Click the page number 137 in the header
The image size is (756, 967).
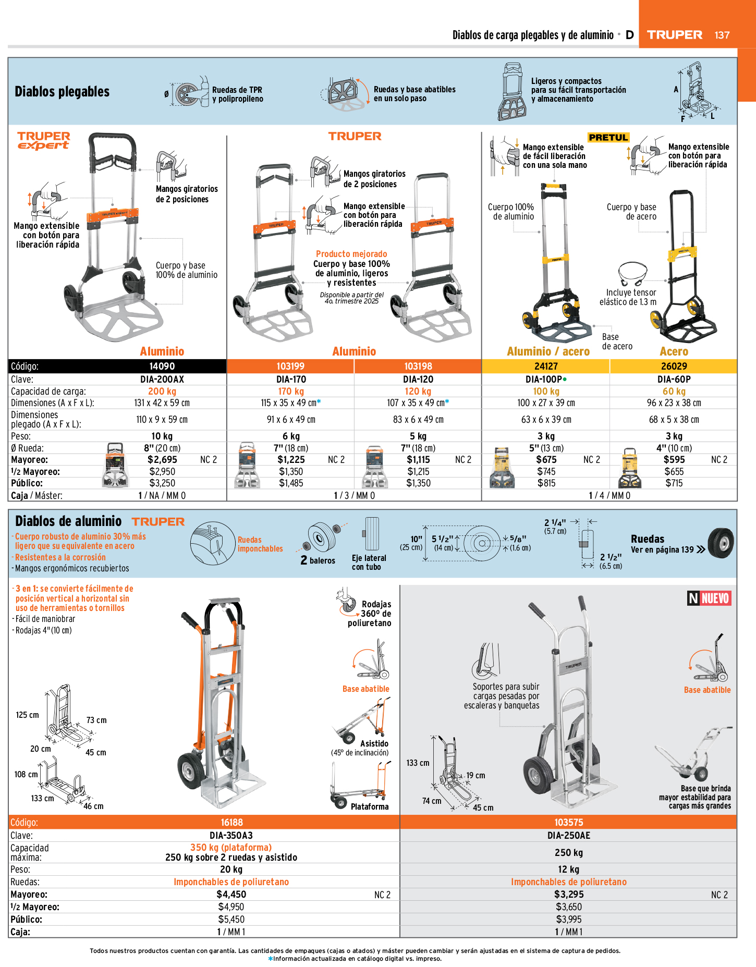[x=722, y=35]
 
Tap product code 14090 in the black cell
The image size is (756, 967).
[x=162, y=366]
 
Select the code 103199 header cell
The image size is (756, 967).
[x=290, y=366]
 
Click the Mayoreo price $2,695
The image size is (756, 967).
[x=162, y=460]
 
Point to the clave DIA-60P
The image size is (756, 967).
[x=674, y=380]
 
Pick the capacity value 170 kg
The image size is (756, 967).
[x=291, y=391]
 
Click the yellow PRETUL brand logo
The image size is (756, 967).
[x=608, y=138]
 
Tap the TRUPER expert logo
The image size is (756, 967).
[x=44, y=141]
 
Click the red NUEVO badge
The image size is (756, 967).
[x=709, y=598]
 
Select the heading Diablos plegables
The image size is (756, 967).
[x=62, y=92]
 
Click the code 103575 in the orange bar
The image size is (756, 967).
[x=568, y=822]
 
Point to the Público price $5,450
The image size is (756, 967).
[x=231, y=919]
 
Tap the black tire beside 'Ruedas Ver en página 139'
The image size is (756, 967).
[x=721, y=543]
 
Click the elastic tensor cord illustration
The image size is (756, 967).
[x=633, y=274]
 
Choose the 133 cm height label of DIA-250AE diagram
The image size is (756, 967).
[x=418, y=763]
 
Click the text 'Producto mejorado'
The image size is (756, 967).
[x=351, y=254]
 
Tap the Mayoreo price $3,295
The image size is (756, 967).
[x=568, y=894]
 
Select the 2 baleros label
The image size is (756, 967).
[x=318, y=560]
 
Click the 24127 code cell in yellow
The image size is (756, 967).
[x=546, y=366]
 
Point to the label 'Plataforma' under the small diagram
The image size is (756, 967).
[x=370, y=806]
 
